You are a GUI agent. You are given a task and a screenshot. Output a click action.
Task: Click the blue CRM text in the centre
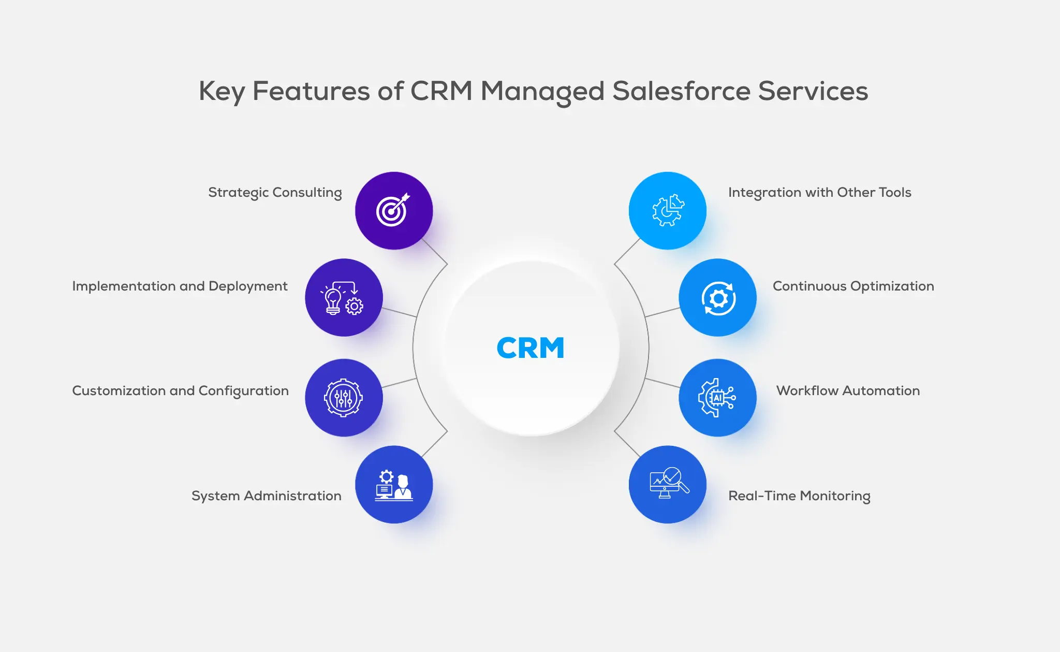(x=530, y=347)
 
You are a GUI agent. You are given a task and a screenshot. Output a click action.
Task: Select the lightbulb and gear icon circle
(x=344, y=298)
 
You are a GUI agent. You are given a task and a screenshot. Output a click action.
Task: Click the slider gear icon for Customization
(x=344, y=398)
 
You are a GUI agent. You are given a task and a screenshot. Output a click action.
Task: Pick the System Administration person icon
(x=394, y=485)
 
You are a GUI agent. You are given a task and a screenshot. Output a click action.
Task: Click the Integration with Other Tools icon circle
(x=667, y=210)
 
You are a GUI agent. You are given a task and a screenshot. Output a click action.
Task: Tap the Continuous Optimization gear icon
(x=718, y=298)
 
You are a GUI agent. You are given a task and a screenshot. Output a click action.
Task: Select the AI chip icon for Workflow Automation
(x=717, y=398)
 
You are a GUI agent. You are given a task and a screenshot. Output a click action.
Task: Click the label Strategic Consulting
(x=275, y=193)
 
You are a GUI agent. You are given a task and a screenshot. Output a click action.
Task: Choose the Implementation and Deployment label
(x=180, y=286)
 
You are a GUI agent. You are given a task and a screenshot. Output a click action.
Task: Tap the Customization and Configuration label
(x=180, y=391)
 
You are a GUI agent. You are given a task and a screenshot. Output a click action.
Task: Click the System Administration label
(x=266, y=496)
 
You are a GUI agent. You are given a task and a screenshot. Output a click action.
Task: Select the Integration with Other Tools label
(x=819, y=193)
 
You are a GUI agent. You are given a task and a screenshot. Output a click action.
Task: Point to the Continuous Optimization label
(x=853, y=286)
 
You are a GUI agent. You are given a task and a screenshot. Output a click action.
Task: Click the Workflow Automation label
(x=848, y=391)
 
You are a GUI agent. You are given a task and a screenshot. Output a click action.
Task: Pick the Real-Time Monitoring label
(x=799, y=496)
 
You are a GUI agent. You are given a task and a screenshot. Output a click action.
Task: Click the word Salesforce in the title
(x=681, y=92)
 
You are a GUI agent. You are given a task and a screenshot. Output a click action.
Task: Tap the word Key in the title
(x=222, y=92)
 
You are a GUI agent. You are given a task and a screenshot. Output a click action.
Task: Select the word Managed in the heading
(x=542, y=92)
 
